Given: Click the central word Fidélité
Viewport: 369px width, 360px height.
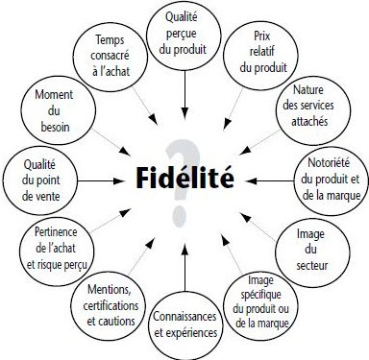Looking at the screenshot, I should (185, 177).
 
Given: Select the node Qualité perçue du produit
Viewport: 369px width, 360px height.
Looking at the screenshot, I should (183, 35).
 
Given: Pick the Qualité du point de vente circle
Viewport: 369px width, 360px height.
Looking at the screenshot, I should (37, 175).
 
